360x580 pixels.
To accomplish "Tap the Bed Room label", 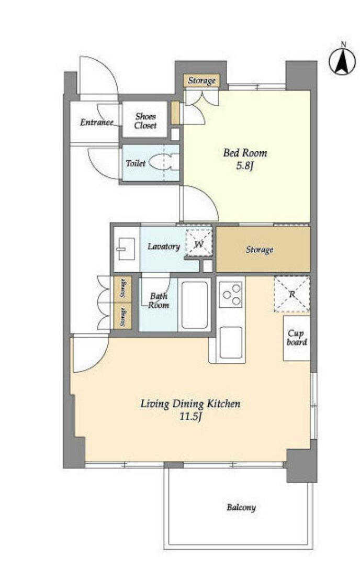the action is click(x=245, y=153).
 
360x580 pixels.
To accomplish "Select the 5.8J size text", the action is click(x=245, y=166).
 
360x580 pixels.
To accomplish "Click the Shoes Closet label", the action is click(x=145, y=120).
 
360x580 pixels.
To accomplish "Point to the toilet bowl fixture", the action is click(x=163, y=162).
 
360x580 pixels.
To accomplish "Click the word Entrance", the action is click(x=96, y=122).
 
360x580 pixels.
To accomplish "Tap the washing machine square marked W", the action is click(x=199, y=243).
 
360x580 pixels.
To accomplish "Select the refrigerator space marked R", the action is click(x=291, y=294).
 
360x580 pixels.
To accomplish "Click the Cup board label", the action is click(x=297, y=338).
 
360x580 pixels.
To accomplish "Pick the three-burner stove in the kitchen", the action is click(x=230, y=294).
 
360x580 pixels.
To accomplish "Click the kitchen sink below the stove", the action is click(x=231, y=342).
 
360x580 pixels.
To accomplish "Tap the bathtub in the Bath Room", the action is click(x=195, y=305).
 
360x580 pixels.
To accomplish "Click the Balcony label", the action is click(x=241, y=507).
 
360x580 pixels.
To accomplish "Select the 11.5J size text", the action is click(x=190, y=417).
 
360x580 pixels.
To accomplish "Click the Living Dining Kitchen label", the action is click(x=190, y=404).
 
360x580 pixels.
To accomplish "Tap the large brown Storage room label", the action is click(x=260, y=250).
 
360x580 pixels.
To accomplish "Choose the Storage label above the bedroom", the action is click(x=201, y=81).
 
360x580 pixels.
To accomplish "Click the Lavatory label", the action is click(x=164, y=247).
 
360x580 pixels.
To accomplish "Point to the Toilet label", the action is click(x=136, y=163).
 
